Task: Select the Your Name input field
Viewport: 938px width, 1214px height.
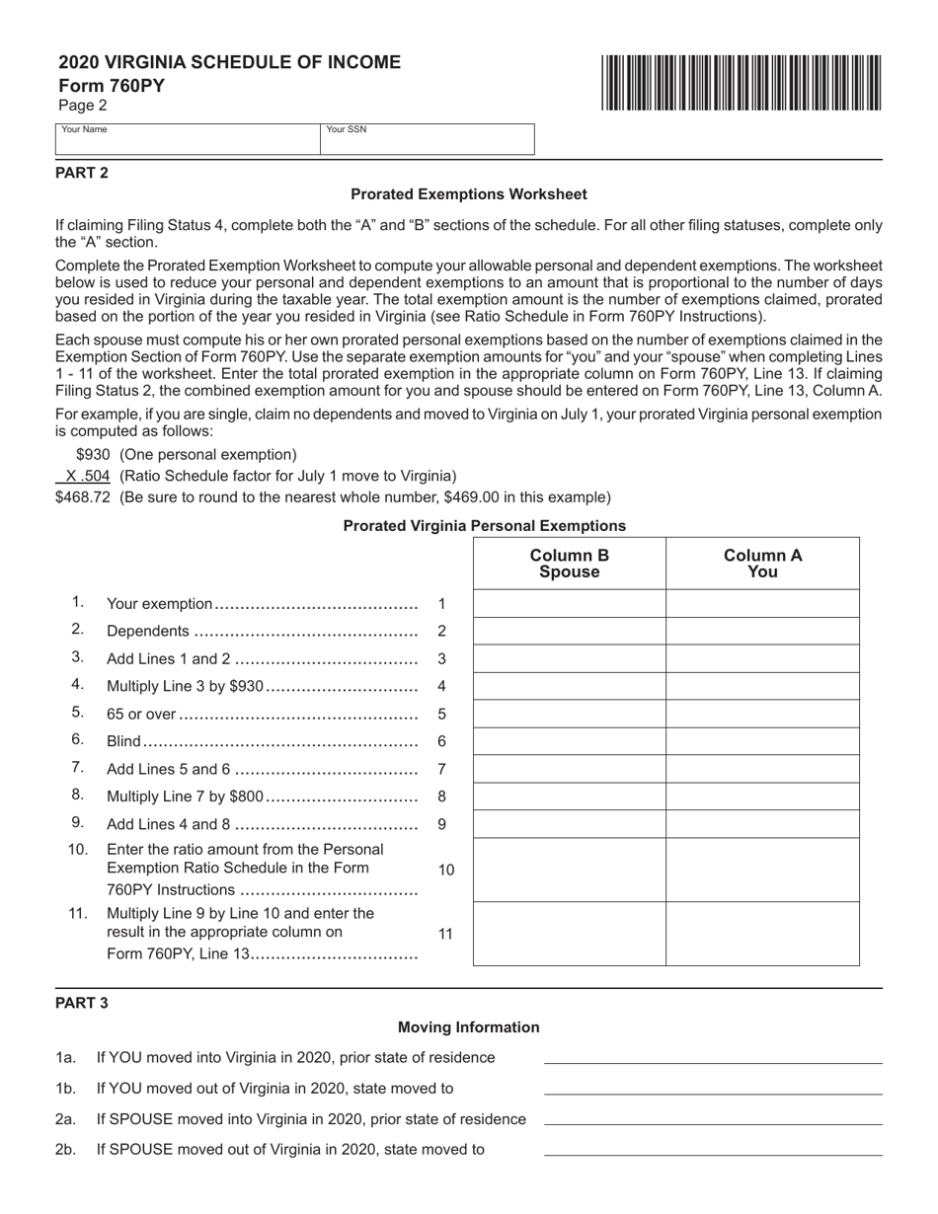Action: [188, 140]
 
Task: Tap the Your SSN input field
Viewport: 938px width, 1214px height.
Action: [427, 140]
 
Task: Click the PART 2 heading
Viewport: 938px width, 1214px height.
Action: [82, 173]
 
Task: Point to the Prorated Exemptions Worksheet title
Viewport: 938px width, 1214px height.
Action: [468, 194]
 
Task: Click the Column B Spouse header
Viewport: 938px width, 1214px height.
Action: [570, 563]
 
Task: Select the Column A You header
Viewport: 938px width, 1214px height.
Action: [762, 563]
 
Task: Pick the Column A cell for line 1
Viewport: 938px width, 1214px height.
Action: [762, 603]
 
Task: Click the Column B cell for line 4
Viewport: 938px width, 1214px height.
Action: [570, 686]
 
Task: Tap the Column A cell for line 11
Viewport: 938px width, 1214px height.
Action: [762, 934]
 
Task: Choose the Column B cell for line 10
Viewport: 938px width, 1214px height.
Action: [570, 870]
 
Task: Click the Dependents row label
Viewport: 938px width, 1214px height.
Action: [147, 631]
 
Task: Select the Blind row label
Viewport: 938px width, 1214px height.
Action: [123, 741]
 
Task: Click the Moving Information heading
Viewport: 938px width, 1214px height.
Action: [468, 1027]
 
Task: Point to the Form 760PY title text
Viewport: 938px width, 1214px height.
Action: [112, 86]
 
